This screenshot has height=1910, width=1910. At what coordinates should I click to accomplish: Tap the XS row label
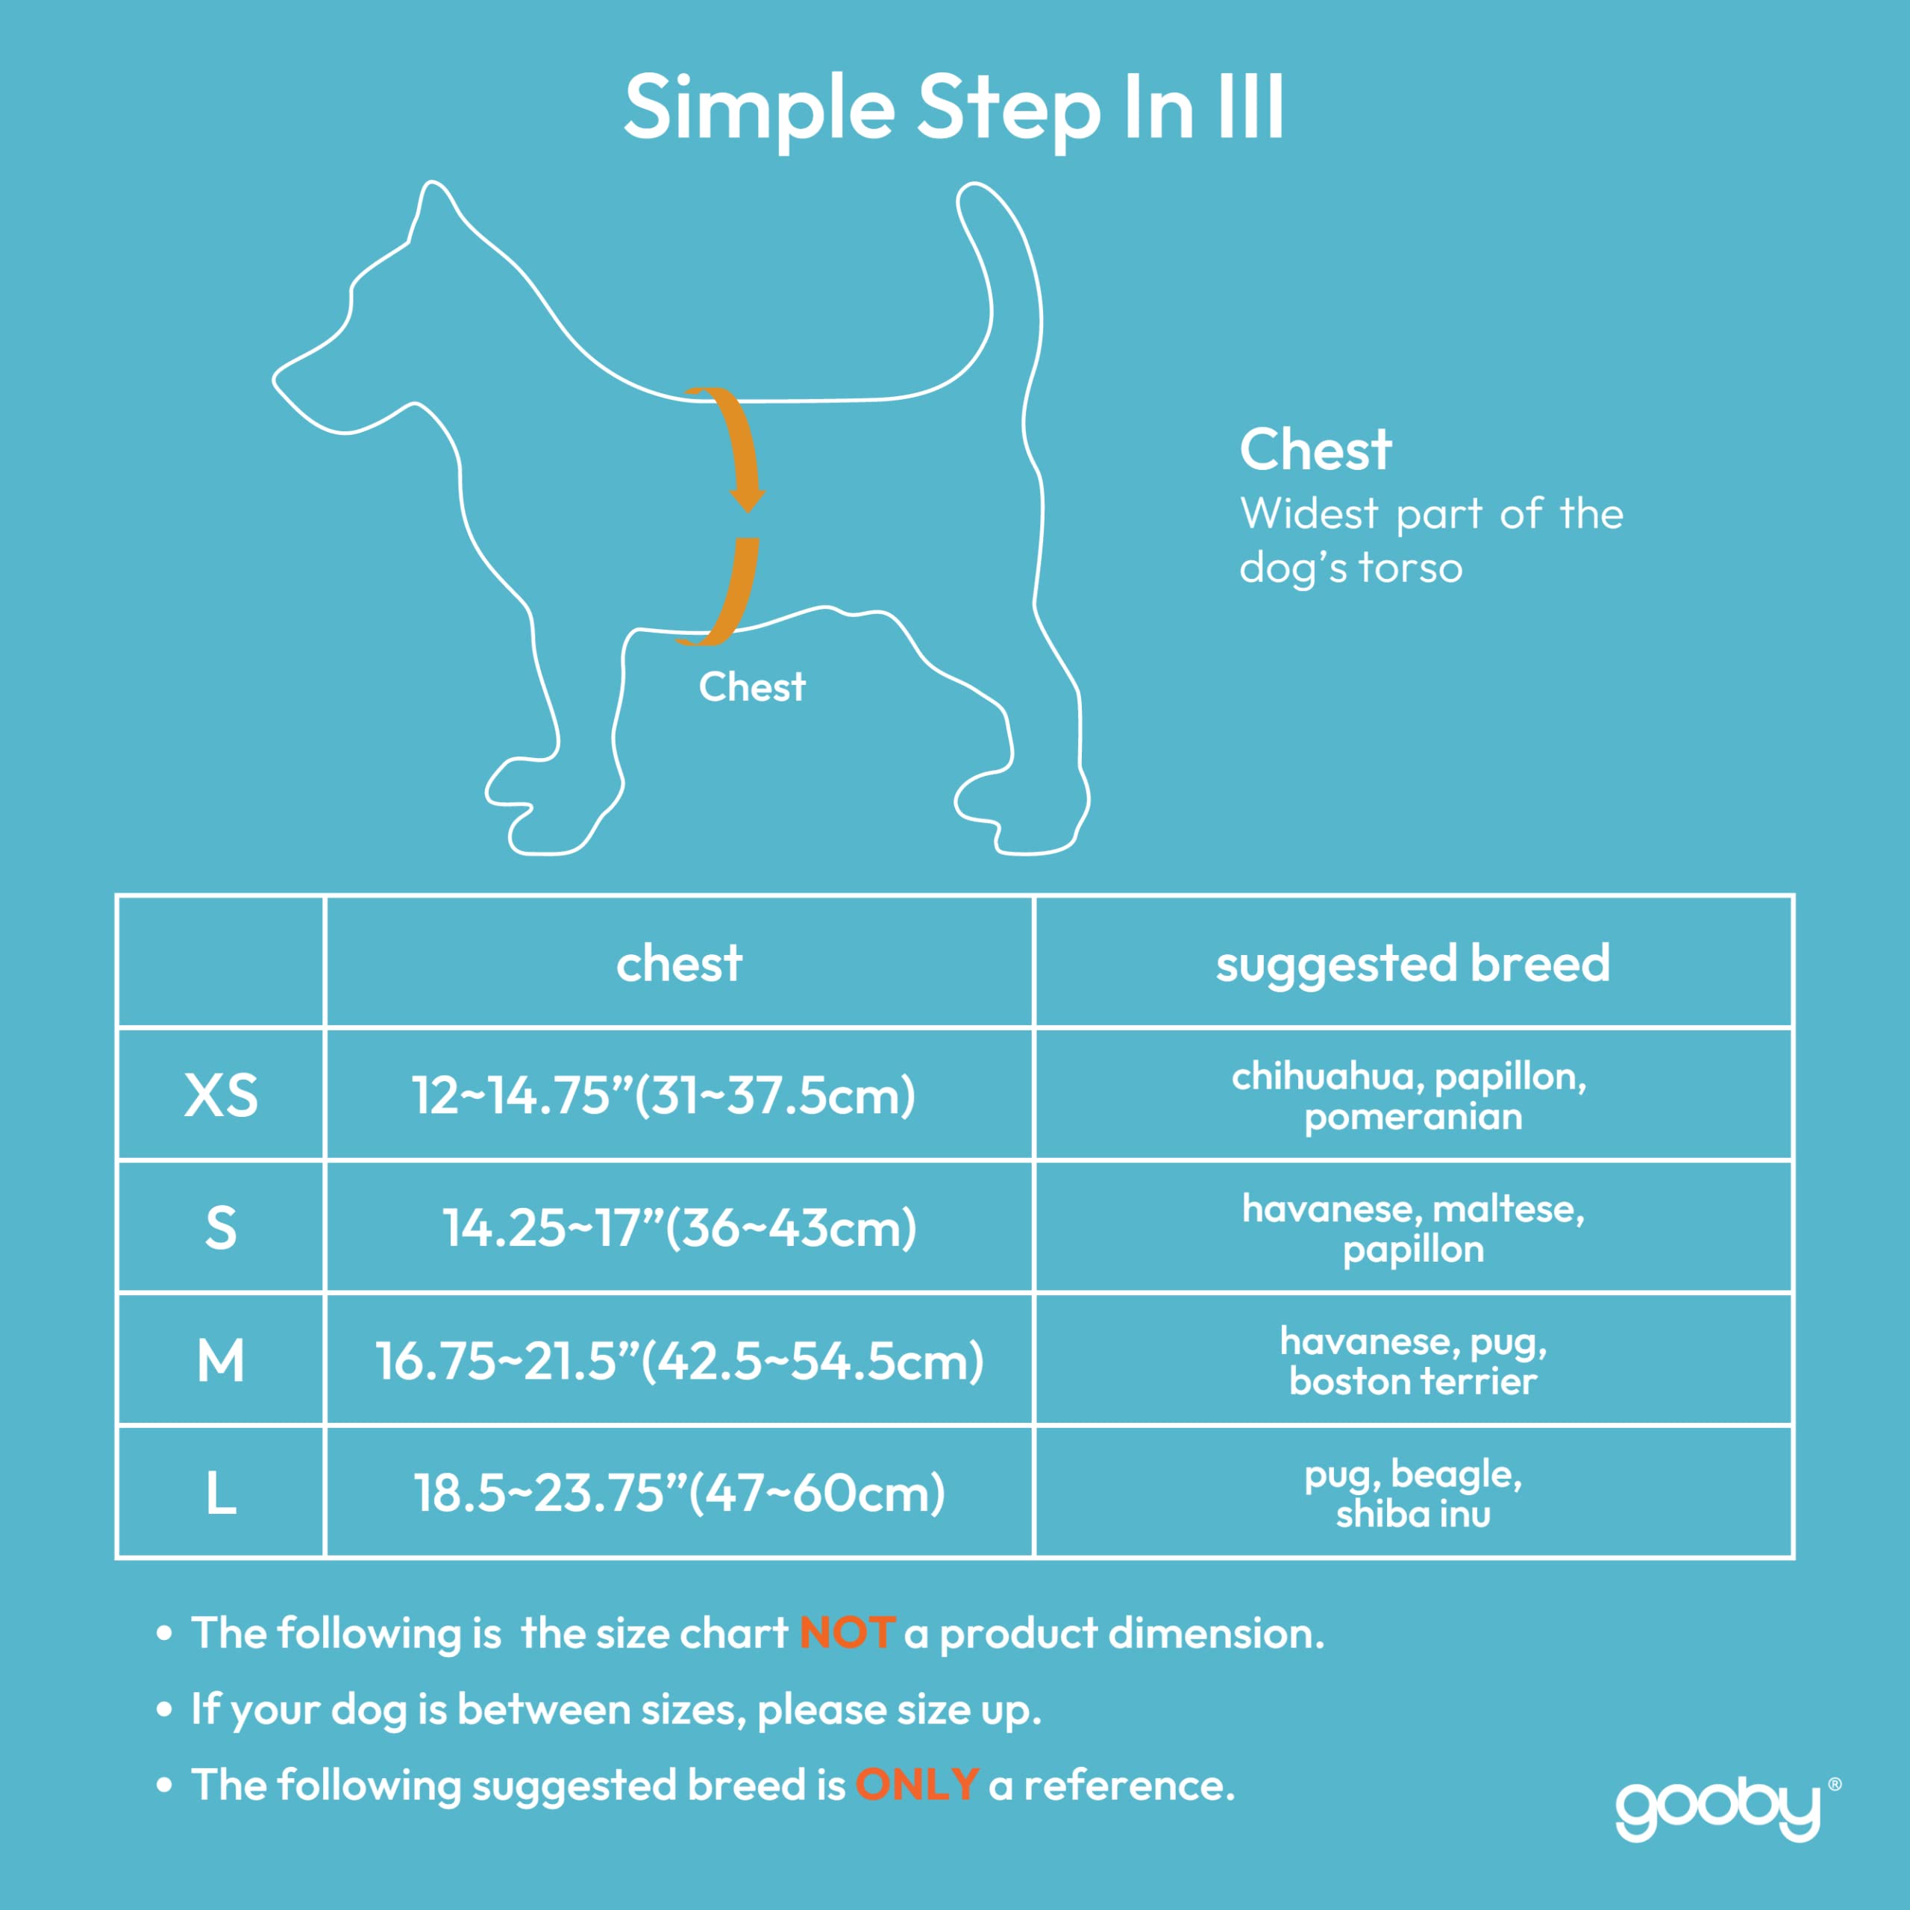[x=220, y=1095]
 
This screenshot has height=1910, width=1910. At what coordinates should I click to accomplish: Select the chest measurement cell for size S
[x=679, y=1228]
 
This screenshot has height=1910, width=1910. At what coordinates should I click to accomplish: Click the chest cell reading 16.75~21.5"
[x=679, y=1360]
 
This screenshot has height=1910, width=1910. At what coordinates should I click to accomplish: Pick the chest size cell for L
[x=679, y=1493]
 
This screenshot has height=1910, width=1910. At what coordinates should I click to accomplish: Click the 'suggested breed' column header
[x=1412, y=963]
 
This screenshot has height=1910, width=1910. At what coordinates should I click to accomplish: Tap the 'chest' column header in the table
[x=679, y=963]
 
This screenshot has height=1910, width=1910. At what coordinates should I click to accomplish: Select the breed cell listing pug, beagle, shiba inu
[x=1412, y=1493]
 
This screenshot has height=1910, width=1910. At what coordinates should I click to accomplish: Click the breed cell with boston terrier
[x=1412, y=1360]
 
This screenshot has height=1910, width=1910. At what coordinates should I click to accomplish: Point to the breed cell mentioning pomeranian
[x=1412, y=1095]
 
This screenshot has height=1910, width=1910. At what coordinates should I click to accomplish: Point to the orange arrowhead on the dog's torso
[x=748, y=498]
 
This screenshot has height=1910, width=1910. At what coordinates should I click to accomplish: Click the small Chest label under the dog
[x=751, y=687]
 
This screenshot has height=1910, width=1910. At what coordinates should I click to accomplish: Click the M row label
[x=220, y=1360]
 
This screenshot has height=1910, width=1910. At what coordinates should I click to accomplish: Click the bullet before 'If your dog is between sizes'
[x=164, y=1710]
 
